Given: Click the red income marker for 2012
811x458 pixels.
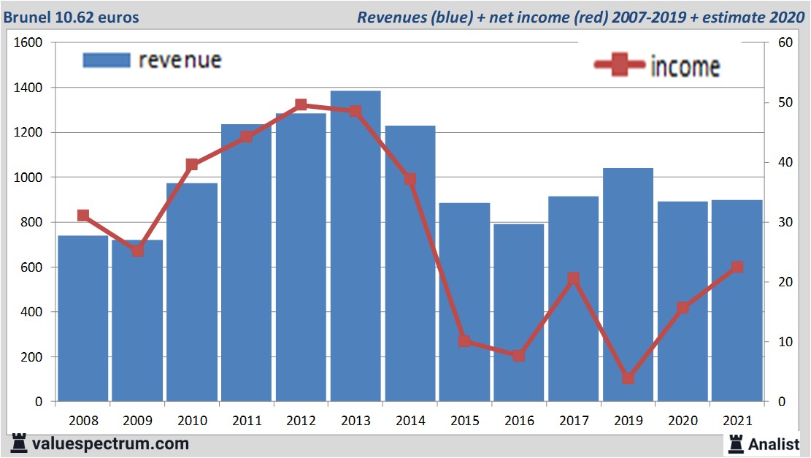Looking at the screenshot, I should click(x=301, y=105).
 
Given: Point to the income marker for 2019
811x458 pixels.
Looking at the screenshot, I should click(x=628, y=378).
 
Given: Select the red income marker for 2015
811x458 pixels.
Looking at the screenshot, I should click(x=464, y=341).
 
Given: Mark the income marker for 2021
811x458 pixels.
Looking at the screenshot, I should click(x=737, y=267).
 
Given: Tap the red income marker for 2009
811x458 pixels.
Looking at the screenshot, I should click(x=137, y=251).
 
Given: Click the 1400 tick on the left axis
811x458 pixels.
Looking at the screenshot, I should click(x=28, y=88).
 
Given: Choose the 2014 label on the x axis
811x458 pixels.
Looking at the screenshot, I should click(x=410, y=421).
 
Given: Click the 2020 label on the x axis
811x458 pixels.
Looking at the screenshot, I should click(x=683, y=421).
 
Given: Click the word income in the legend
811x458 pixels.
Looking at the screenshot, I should click(x=685, y=66).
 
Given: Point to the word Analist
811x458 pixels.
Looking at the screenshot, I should click(x=774, y=443).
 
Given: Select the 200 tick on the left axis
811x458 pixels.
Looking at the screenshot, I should click(x=32, y=357).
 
